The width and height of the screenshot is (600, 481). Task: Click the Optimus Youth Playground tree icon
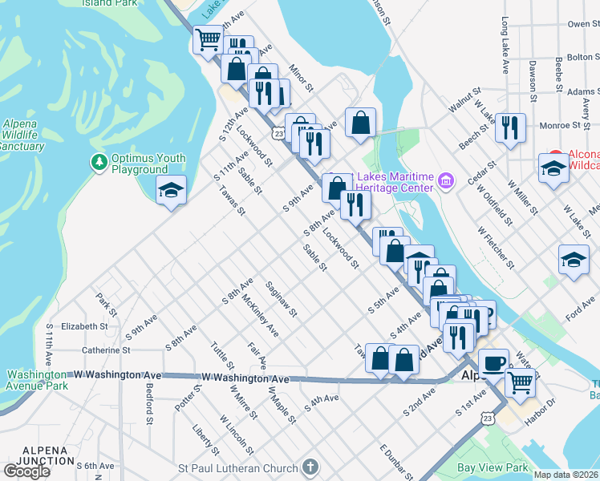pyautogui.click(x=99, y=163)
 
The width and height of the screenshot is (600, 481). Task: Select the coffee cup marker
pyautogui.click(x=493, y=363)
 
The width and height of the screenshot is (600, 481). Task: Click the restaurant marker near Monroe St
pyautogui.click(x=510, y=128)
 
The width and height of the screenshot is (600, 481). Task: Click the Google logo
pyautogui.click(x=26, y=471)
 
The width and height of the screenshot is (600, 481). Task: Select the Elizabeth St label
pyautogui.click(x=84, y=327)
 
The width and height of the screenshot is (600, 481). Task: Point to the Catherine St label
pyautogui.click(x=105, y=350)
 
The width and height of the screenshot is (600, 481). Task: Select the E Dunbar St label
pyautogui.click(x=395, y=462)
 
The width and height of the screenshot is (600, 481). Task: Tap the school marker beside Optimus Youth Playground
pyautogui.click(x=171, y=190)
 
